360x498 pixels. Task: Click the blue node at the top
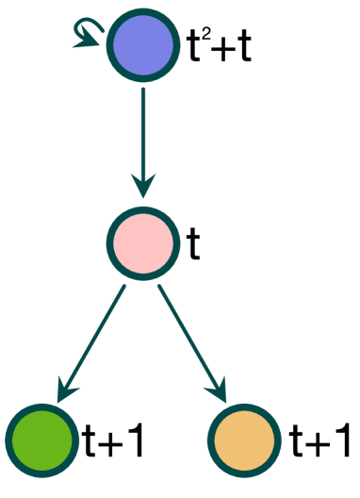tap(142, 44)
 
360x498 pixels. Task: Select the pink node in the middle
tap(143, 243)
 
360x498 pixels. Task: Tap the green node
tap(42, 440)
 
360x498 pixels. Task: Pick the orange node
tap(244, 440)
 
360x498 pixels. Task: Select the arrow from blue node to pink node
tap(142, 132)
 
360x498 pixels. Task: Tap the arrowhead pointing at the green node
tap(66, 390)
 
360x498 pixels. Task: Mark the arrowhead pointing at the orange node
tap(219, 390)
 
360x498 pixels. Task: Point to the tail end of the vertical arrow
tap(142, 91)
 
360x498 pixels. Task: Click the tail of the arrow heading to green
tap(123, 288)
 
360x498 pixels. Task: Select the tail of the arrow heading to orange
tap(160, 288)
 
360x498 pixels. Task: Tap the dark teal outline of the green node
tap(42, 406)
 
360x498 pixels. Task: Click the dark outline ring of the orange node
tap(244, 406)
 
